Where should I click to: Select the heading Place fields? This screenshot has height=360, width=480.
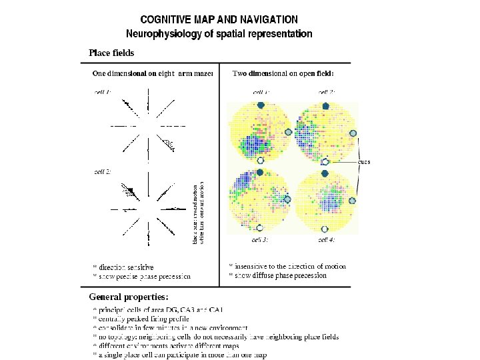pyautogui.click(x=111, y=53)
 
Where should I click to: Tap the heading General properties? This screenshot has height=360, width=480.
pyautogui.click(x=129, y=296)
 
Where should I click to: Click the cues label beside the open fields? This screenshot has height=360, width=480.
pyautogui.click(x=363, y=161)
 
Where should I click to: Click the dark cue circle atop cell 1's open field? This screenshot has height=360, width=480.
pyautogui.click(x=261, y=105)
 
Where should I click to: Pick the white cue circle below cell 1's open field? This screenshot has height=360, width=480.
pyautogui.click(x=261, y=161)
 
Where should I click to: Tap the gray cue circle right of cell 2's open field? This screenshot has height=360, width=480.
pyautogui.click(x=353, y=133)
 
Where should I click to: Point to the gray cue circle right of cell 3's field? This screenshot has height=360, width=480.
pyautogui.click(x=288, y=199)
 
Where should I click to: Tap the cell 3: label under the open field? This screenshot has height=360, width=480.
pyautogui.click(x=260, y=239)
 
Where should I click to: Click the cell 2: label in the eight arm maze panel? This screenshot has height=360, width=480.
pyautogui.click(x=102, y=171)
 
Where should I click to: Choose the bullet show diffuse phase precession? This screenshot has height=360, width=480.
pyautogui.click(x=280, y=275)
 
